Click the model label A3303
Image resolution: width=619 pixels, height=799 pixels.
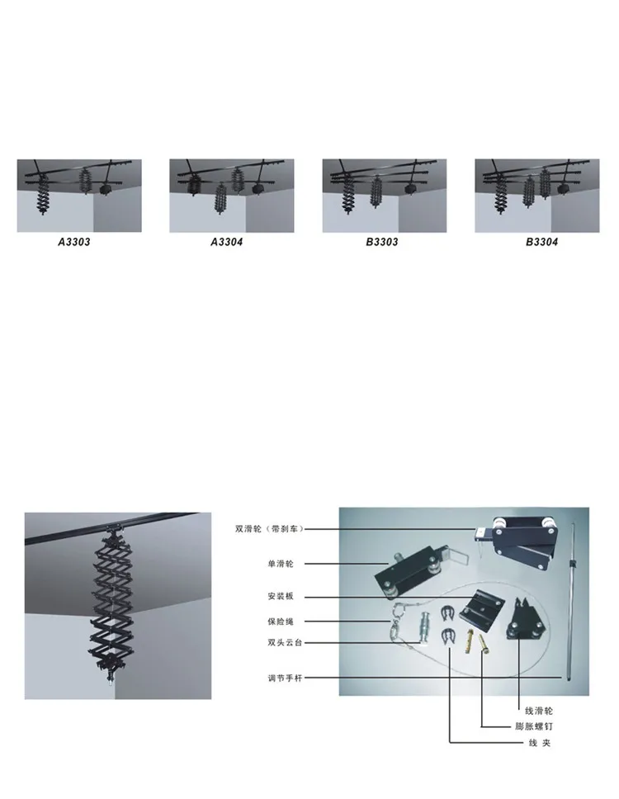[x=74, y=242]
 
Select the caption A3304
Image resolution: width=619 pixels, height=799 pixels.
[x=227, y=242]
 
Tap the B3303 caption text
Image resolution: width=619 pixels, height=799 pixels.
[x=381, y=242]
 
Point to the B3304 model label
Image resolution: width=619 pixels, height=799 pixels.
[x=541, y=242]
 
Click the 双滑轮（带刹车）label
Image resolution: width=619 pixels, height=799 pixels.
[x=269, y=529]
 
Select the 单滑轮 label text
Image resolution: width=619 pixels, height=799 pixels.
[x=281, y=564]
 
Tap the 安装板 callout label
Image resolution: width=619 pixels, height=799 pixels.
[x=281, y=596]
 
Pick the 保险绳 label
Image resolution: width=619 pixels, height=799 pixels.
[x=281, y=622]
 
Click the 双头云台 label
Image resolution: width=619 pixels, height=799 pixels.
[x=285, y=642]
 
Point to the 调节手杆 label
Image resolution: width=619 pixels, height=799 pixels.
[x=285, y=678]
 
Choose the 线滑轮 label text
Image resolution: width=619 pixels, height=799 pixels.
[x=538, y=711]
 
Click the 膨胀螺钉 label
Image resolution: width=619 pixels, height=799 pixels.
[x=533, y=726]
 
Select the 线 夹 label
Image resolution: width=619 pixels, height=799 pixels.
[x=540, y=743]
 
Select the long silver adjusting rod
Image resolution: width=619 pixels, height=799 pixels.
[x=570, y=601]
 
